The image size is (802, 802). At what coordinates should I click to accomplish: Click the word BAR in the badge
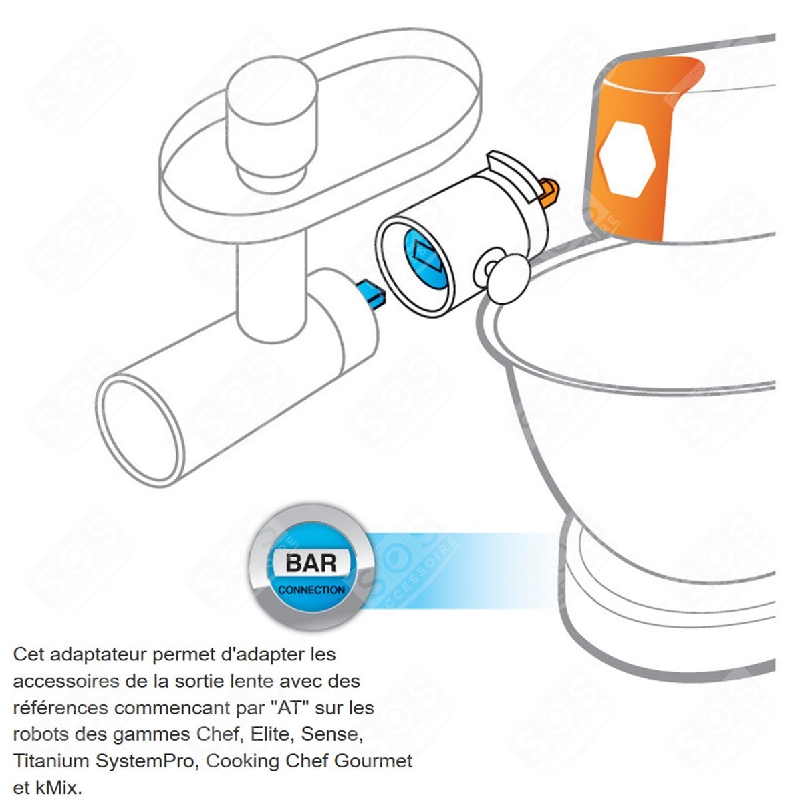pos(311,564)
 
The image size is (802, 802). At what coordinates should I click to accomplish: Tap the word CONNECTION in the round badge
pos(311,590)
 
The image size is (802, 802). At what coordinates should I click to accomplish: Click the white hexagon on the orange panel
pos(627,160)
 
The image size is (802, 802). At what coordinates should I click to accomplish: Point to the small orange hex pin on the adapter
pos(549,192)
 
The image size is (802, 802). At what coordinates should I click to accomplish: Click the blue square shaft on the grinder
pos(371,294)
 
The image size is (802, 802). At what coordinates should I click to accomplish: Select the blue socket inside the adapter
pos(425,259)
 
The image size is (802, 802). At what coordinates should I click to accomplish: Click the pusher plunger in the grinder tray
pos(271,125)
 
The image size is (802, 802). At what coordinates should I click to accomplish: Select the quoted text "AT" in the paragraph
pos(291,708)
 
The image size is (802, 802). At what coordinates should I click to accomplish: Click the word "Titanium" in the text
pos(52,761)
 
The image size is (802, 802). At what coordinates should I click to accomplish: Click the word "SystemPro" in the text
pos(145,761)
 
